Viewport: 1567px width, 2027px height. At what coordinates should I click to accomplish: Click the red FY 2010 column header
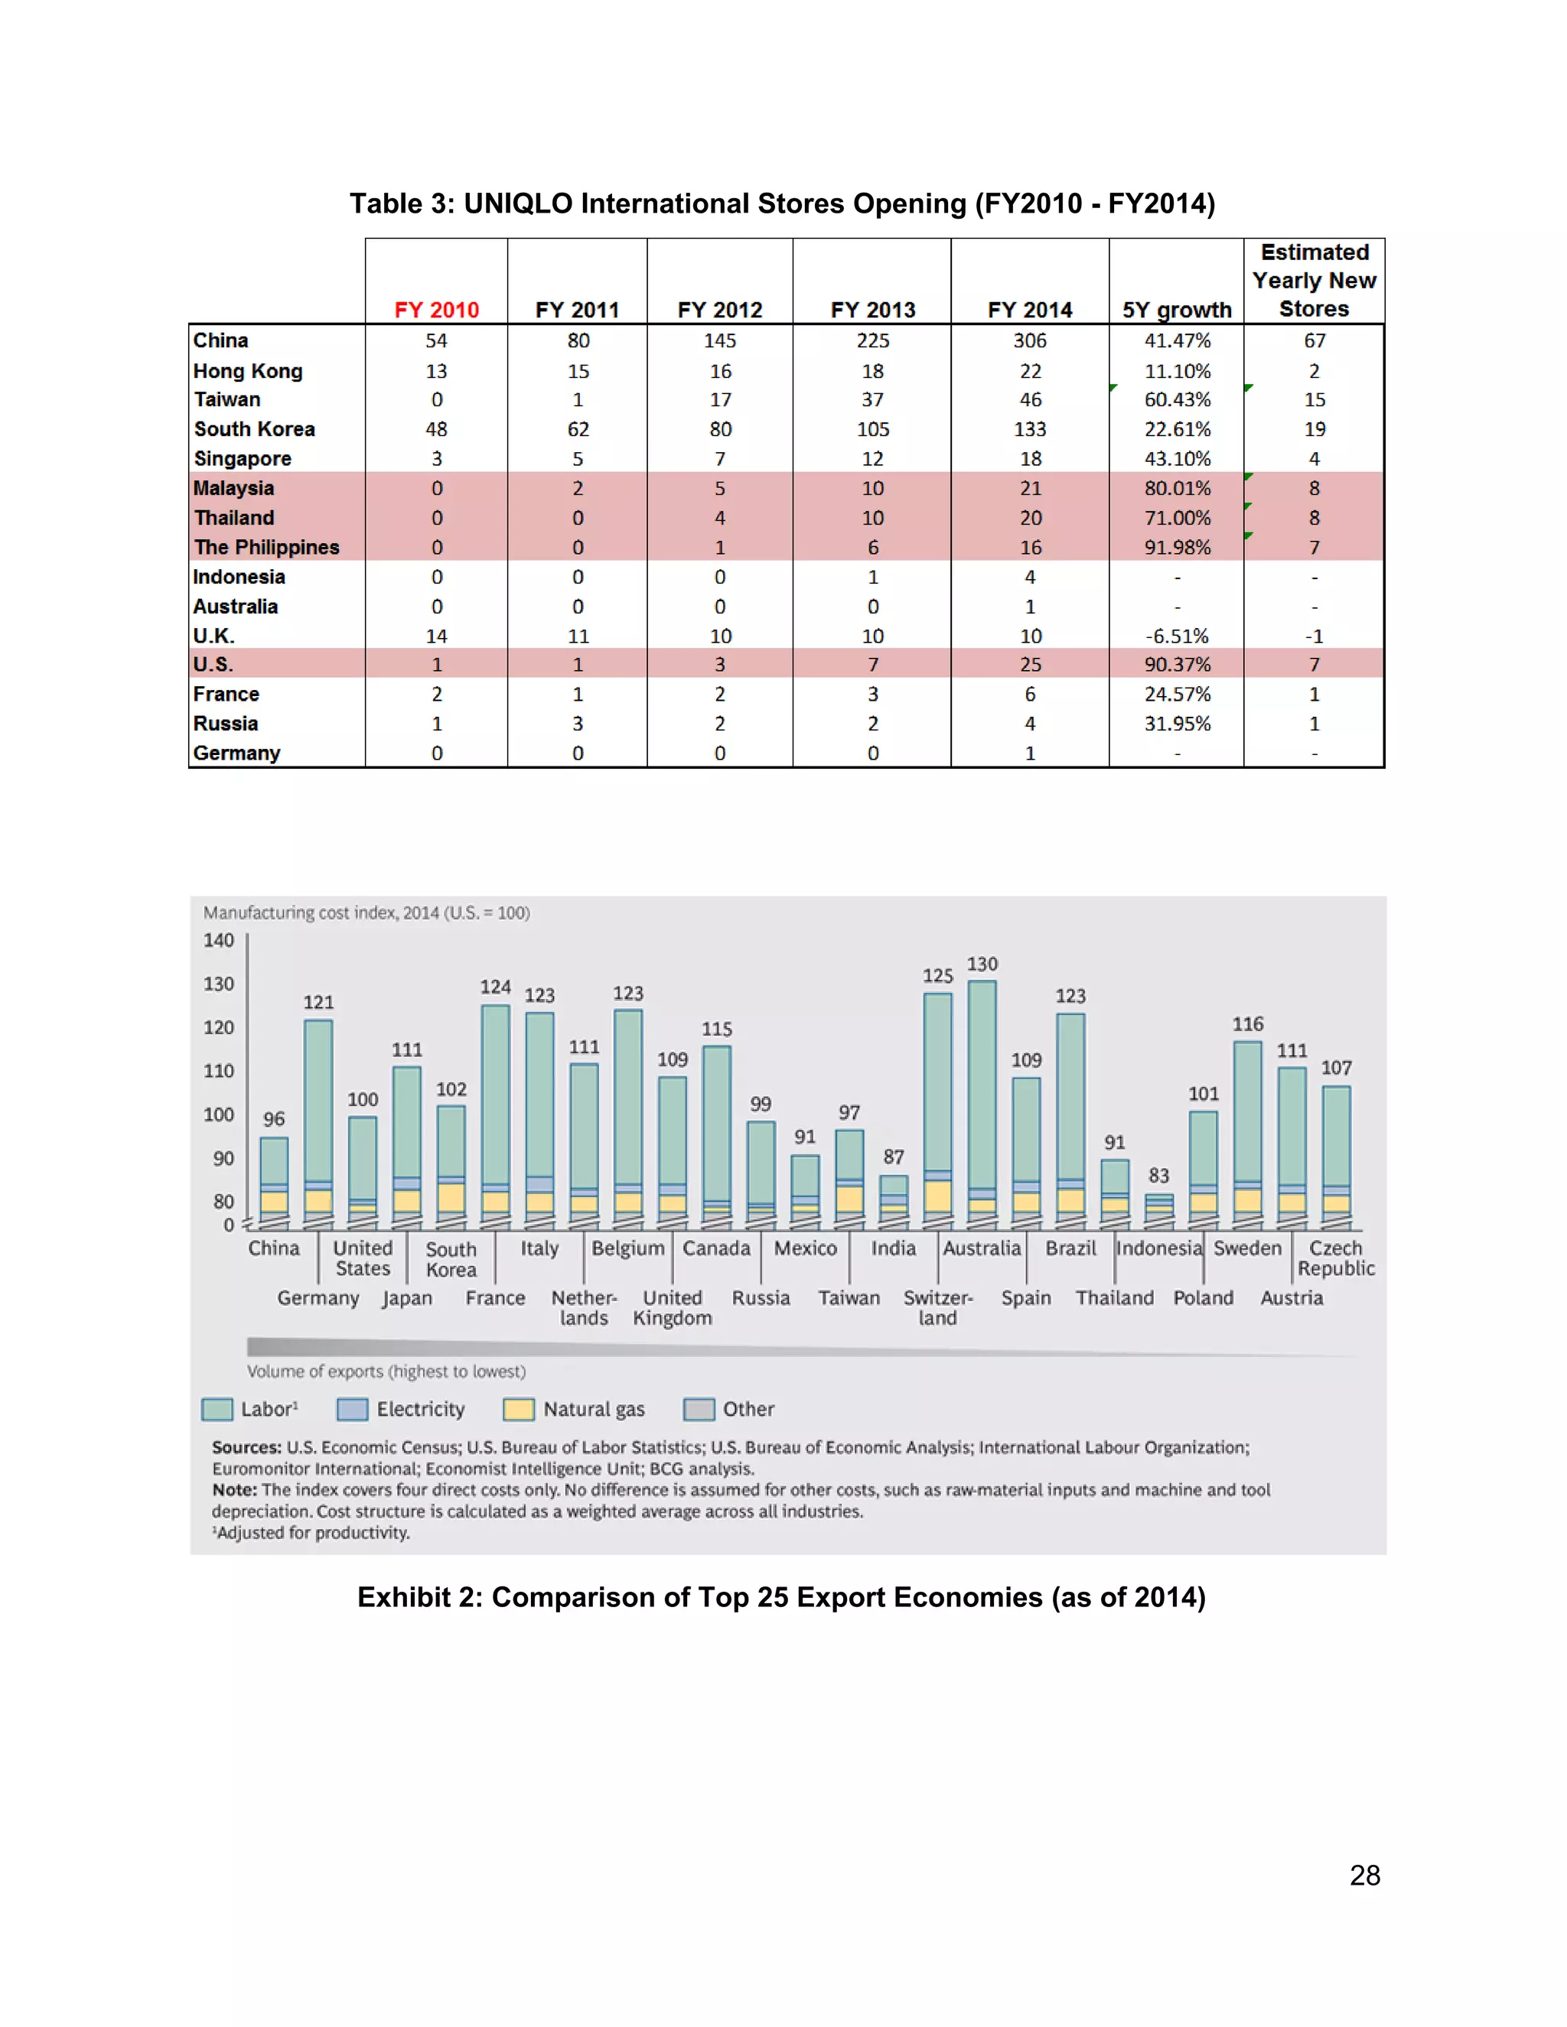pyautogui.click(x=436, y=310)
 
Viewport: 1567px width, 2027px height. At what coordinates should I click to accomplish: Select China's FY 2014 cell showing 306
pyautogui.click(x=1030, y=340)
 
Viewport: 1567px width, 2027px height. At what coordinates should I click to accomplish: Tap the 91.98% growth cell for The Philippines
pyautogui.click(x=1177, y=548)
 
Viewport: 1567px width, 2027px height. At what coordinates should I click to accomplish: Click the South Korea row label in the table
pyautogui.click(x=254, y=429)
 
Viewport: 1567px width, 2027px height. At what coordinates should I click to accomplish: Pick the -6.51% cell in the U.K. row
pyautogui.click(x=1177, y=636)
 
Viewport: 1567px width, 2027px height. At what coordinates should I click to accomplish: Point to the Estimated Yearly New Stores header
pyautogui.click(x=1314, y=280)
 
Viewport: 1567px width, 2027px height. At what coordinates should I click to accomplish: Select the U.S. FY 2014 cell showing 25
pyautogui.click(x=1031, y=665)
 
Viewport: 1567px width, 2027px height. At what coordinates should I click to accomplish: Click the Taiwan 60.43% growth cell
pyautogui.click(x=1177, y=400)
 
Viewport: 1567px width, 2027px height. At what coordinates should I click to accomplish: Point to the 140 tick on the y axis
pyautogui.click(x=219, y=940)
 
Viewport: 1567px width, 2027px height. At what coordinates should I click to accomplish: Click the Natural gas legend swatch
pyautogui.click(x=518, y=1409)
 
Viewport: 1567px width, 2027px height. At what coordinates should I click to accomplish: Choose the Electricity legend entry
pyautogui.click(x=419, y=1409)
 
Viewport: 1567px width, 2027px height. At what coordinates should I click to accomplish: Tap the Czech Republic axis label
pyautogui.click(x=1335, y=1258)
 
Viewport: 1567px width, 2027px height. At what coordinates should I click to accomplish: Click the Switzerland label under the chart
pyautogui.click(x=937, y=1308)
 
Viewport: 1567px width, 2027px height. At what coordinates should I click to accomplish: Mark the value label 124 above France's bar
pyautogui.click(x=495, y=987)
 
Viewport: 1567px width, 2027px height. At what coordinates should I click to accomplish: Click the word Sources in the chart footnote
pyautogui.click(x=246, y=1447)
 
